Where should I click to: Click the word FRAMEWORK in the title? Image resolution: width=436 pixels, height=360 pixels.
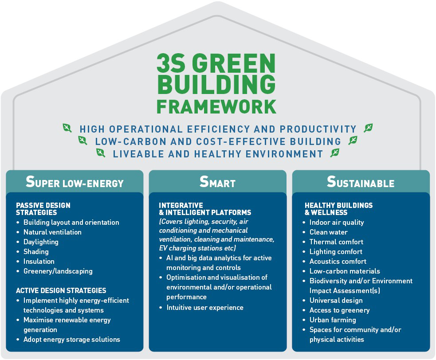click(216, 107)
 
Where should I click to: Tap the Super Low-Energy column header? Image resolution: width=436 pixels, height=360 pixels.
click(75, 182)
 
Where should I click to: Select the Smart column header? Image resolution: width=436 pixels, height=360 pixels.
click(217, 182)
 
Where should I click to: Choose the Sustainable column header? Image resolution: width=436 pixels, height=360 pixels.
click(361, 182)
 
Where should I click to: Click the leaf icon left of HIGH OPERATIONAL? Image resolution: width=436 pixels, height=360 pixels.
click(67, 128)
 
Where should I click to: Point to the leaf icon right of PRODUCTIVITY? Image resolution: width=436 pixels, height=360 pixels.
click(368, 128)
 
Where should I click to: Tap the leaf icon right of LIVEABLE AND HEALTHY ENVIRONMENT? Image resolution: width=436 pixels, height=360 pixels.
click(335, 153)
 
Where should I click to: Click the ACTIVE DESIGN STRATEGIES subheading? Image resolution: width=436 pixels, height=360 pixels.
click(61, 290)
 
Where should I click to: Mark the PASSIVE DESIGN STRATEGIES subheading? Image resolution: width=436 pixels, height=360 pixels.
click(43, 209)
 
